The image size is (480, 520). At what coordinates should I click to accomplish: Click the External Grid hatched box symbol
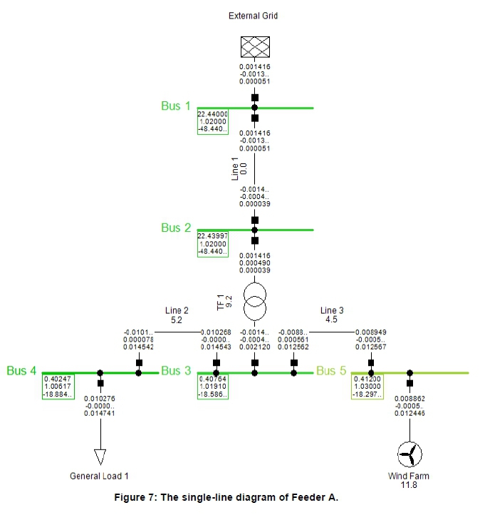(255, 47)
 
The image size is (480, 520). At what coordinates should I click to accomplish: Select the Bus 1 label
(176, 106)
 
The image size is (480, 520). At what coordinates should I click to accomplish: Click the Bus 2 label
(176, 228)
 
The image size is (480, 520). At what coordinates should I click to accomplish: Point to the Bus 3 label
(176, 370)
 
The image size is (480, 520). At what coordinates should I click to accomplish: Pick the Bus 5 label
(331, 370)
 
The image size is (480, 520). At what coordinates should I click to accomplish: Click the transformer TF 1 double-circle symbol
(255, 302)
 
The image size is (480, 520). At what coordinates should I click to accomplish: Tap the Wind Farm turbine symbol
(409, 453)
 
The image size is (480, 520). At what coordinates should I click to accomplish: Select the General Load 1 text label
(100, 476)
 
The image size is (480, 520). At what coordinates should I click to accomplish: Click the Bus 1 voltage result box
(213, 121)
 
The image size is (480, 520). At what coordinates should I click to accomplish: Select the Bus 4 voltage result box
(58, 386)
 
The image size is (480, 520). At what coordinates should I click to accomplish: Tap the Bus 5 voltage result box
(367, 386)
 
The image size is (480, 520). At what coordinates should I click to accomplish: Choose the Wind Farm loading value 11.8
(409, 485)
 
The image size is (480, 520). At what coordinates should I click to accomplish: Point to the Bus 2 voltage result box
(213, 243)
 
